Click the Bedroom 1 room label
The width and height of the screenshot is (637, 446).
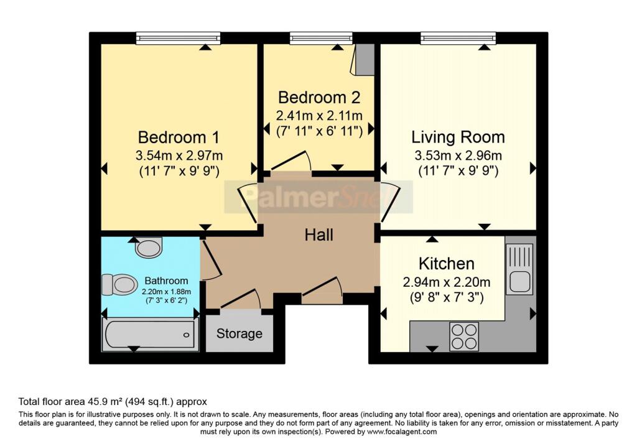[x=179, y=137]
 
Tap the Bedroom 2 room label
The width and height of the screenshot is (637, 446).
[x=319, y=98]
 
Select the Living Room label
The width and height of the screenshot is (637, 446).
[x=458, y=137]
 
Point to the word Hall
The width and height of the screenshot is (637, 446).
[x=319, y=235]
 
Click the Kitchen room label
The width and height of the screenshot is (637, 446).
[x=447, y=264]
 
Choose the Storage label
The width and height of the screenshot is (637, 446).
[x=239, y=333]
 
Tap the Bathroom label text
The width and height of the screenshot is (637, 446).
[x=166, y=281]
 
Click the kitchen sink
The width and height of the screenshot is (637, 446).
[x=519, y=269]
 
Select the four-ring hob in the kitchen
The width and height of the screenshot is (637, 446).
[x=464, y=337]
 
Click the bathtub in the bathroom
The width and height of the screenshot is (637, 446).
[x=150, y=335]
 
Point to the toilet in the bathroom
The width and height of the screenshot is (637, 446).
[x=119, y=284]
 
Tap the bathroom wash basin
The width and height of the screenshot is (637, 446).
[x=148, y=248]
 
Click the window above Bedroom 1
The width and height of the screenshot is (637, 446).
[x=179, y=38]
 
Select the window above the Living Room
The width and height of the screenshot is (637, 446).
[x=458, y=38]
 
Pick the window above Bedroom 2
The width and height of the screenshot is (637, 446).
[x=321, y=38]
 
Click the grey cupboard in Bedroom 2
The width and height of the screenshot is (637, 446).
[x=365, y=59]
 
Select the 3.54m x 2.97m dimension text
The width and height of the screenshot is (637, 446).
[x=179, y=156]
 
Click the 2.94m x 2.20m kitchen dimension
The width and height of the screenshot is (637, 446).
[x=447, y=282]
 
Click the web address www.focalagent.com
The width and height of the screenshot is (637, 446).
[x=402, y=432]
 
